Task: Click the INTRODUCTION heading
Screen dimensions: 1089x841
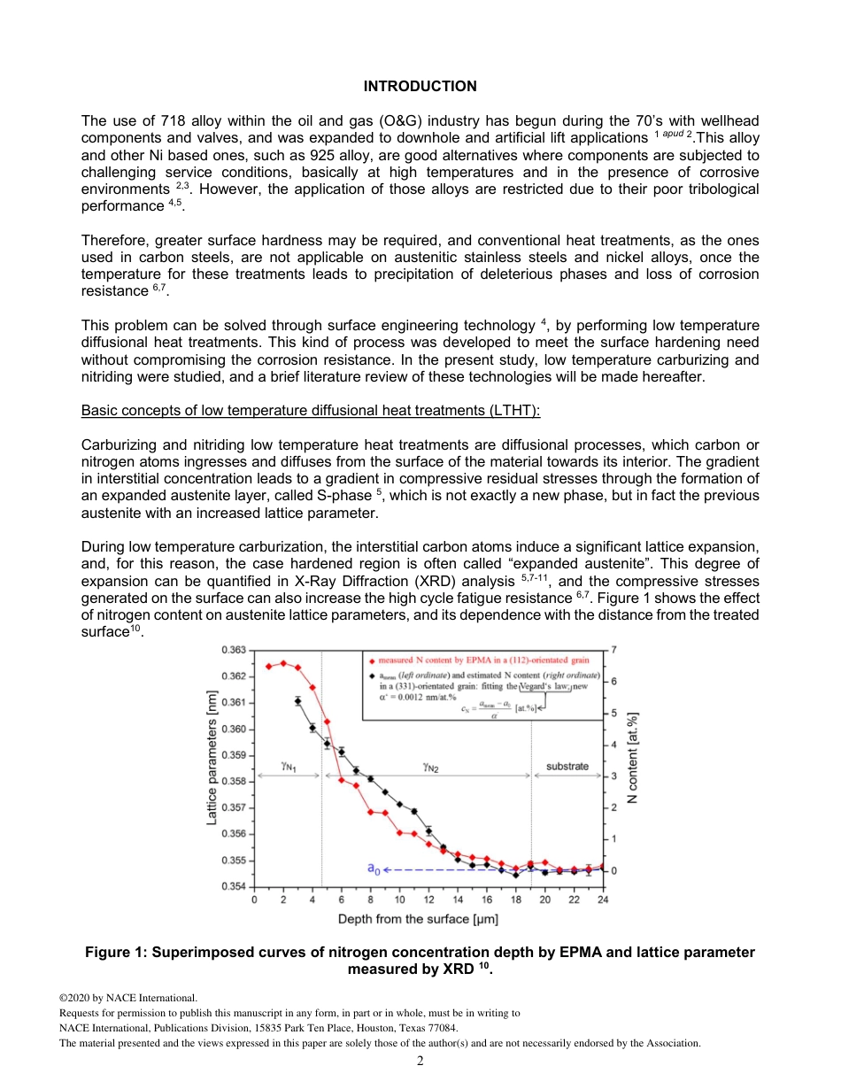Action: (420, 86)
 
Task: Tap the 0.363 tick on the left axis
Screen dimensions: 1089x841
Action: (234, 650)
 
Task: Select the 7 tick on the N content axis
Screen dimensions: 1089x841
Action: (613, 650)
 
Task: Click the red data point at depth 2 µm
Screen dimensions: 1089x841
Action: (283, 663)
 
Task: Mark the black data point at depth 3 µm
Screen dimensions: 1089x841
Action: (297, 700)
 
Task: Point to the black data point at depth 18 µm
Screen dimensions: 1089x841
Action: (516, 875)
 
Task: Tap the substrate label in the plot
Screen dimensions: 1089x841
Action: (567, 766)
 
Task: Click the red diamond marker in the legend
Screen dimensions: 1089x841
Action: (371, 660)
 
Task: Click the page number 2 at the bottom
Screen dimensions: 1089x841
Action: (420, 1061)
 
